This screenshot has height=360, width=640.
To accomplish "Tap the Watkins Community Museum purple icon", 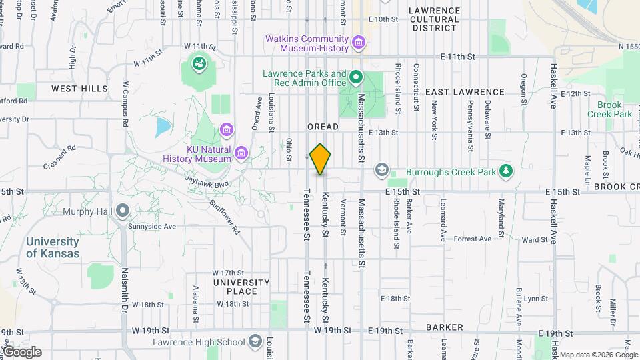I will pyautogui.click(x=359, y=44).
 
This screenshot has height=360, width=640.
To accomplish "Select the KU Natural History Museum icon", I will pyautogui.click(x=241, y=155).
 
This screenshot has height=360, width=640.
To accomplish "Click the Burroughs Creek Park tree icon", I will pyautogui.click(x=507, y=171).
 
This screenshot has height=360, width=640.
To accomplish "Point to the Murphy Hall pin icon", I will pyautogui.click(x=123, y=211).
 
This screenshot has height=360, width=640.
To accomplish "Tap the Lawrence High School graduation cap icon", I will pyautogui.click(x=255, y=343).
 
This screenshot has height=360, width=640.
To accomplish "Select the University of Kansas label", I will pyautogui.click(x=53, y=247).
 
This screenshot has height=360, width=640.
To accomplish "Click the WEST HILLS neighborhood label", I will pyautogui.click(x=79, y=89).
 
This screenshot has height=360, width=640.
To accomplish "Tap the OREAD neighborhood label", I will pyautogui.click(x=323, y=127).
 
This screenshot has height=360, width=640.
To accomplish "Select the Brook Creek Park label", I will pyautogui.click(x=609, y=109).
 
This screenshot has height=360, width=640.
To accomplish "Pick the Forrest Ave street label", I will pyautogui.click(x=472, y=239).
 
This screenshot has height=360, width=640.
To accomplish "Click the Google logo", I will pyautogui.click(x=21, y=351).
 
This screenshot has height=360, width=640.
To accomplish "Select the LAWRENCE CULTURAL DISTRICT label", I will pyautogui.click(x=434, y=19).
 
